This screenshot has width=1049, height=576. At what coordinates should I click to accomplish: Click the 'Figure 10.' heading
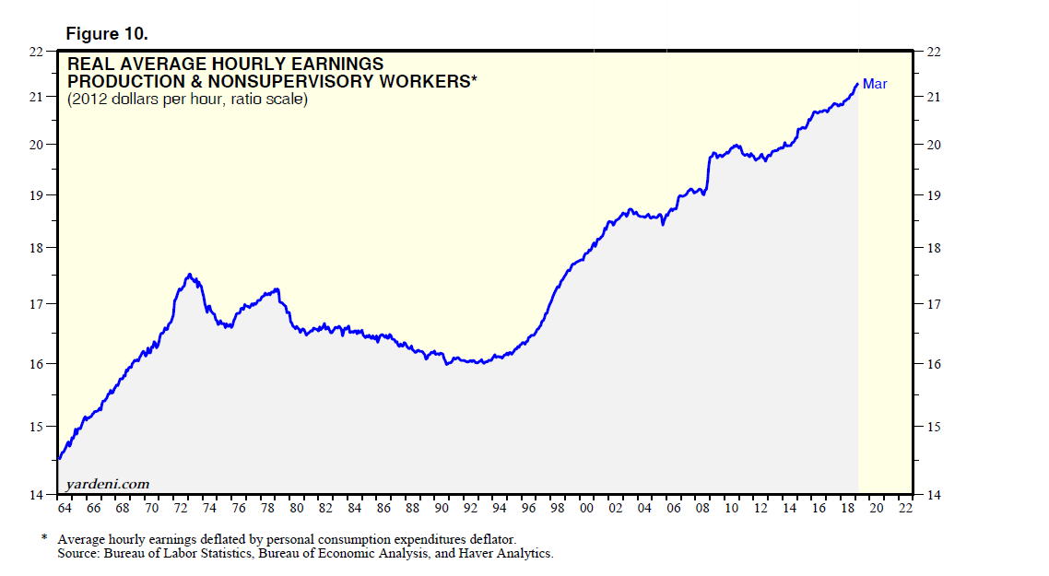(x=107, y=33)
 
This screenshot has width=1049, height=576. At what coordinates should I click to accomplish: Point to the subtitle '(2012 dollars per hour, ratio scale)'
(x=187, y=99)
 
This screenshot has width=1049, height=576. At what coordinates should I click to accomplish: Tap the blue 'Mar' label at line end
(x=875, y=84)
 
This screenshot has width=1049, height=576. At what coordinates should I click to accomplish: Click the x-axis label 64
(x=65, y=509)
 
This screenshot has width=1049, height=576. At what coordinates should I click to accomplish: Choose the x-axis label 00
(x=585, y=509)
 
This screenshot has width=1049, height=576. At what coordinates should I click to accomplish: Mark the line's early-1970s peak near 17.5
(x=189, y=275)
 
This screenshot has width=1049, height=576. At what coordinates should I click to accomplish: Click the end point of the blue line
(x=857, y=84)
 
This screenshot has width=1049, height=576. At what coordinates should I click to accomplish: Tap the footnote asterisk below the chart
(x=44, y=537)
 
